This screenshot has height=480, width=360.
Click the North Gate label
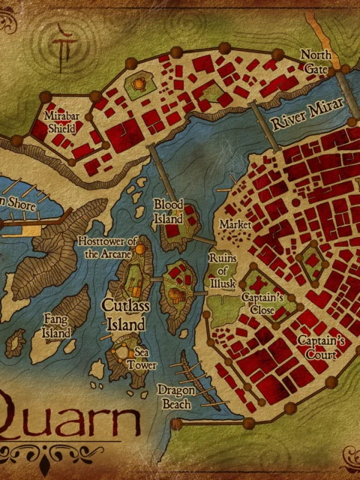pos(314,61)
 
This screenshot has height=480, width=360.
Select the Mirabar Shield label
pos(60,124)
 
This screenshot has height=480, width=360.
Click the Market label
pos(232,224)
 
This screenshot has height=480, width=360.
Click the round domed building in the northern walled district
pos(139,85)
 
